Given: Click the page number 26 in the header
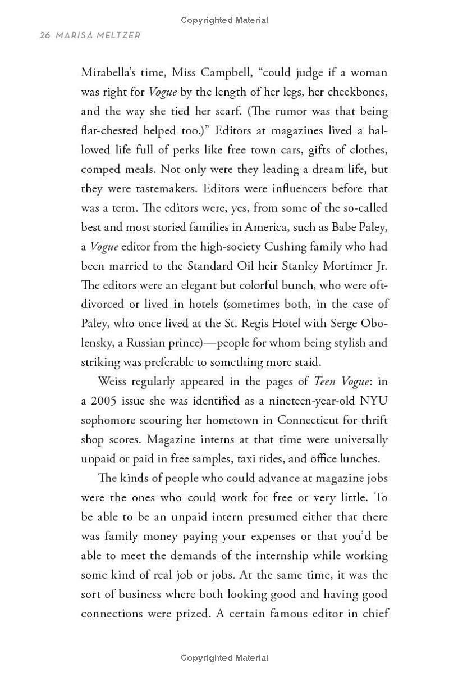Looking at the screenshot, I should pos(45,35).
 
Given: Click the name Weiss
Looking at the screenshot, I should pos(113,381).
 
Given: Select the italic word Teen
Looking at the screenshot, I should pos(324,381).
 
